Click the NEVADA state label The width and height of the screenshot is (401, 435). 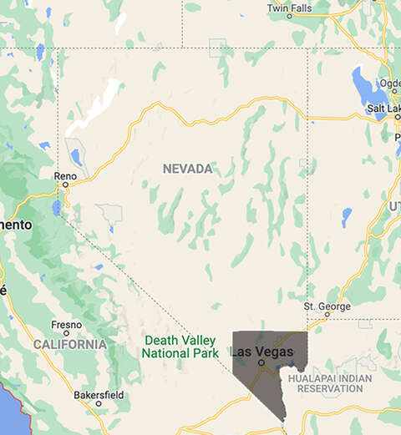pos(187,169)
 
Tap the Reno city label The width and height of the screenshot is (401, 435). pos(64,176)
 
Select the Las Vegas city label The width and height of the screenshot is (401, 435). pos(262,352)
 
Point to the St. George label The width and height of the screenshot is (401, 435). pos(327,306)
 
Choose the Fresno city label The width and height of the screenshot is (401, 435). pos(66,324)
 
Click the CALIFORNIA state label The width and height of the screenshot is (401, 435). pos(70,344)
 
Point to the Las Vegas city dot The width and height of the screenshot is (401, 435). pos(261,363)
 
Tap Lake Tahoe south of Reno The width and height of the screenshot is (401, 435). pos(56,206)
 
